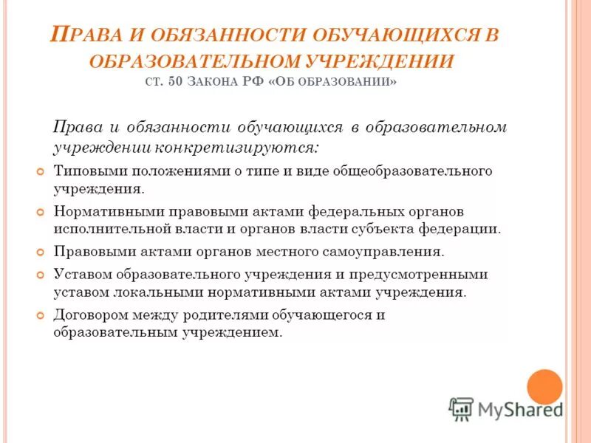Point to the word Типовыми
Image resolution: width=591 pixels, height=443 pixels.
pyautogui.click(x=83, y=171)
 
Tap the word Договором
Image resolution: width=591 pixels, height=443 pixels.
pyautogui.click(x=88, y=315)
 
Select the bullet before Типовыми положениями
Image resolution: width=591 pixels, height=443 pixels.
pyautogui.click(x=41, y=171)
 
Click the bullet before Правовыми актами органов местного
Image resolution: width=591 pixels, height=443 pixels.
pyautogui.click(x=41, y=252)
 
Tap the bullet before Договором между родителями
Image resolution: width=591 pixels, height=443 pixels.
pyautogui.click(x=41, y=315)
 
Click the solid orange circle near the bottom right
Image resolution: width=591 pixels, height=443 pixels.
pyautogui.click(x=544, y=386)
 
